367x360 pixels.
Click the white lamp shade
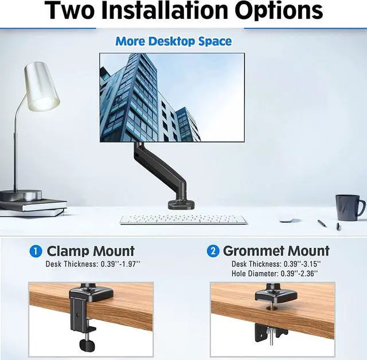[x=42, y=87]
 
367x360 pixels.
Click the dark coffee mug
[x=348, y=207]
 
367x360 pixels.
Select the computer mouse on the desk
[x=287, y=219]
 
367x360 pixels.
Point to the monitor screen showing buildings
[x=172, y=97]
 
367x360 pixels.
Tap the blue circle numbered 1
[x=36, y=251]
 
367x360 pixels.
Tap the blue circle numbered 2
[x=213, y=251]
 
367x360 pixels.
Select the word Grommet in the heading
[x=253, y=251]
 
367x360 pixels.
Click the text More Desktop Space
[x=173, y=41]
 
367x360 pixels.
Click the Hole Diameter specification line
[x=275, y=273]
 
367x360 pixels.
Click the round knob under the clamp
[x=87, y=346]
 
